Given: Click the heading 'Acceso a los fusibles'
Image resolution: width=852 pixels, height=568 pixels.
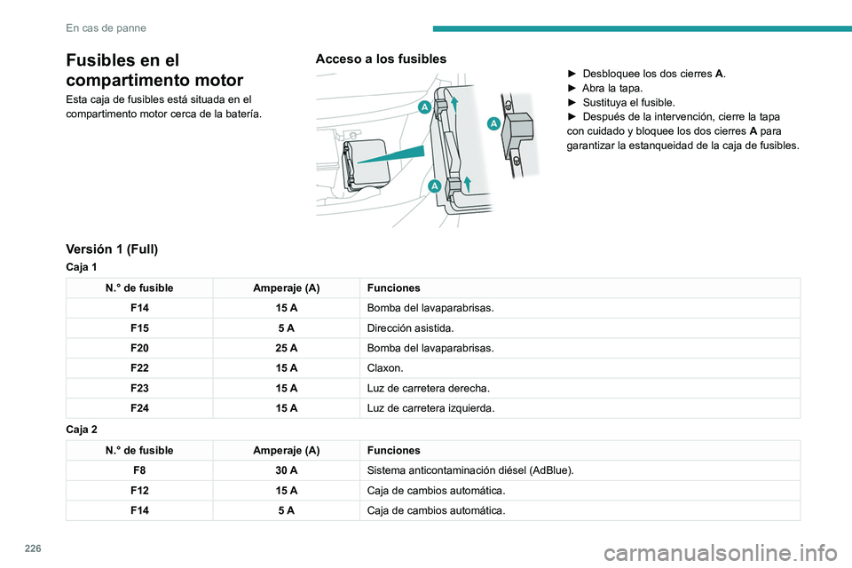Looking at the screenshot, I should pos(381,59).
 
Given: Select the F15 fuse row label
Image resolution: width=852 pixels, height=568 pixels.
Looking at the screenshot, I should pos(138,328).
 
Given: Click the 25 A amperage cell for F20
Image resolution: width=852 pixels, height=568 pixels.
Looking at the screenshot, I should pos(287,349).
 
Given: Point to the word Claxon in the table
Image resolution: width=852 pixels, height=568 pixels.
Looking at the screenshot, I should pos(385,368).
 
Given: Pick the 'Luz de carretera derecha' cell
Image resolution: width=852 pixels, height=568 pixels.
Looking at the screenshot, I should pos(428,389).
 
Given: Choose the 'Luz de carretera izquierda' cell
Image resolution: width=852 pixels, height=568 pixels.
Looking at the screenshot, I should pos(431,408).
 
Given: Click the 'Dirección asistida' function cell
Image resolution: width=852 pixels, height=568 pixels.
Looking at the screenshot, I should pos(409,328).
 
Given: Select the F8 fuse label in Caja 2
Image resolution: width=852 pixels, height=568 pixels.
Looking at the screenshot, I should pos(138,470).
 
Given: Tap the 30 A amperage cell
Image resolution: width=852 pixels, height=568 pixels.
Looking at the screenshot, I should pos(287,470).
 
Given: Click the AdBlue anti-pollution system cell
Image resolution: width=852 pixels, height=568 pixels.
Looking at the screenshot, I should pos(470,470).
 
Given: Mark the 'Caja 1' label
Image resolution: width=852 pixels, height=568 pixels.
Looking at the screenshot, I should pos(82,266).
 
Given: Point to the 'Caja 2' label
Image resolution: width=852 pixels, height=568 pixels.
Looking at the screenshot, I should pos(82,429).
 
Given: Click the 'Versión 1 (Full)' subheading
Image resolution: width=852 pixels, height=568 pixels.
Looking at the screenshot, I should pos(112,249).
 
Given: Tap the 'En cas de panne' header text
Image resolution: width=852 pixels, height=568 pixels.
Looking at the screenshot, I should pos(106,28).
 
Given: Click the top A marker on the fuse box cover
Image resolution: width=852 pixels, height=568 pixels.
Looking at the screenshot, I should pos(424,107).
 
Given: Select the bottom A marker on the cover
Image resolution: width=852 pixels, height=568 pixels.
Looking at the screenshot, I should pos(436,185).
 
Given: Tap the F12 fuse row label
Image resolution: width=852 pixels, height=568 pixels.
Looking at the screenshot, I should pos(138,490).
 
